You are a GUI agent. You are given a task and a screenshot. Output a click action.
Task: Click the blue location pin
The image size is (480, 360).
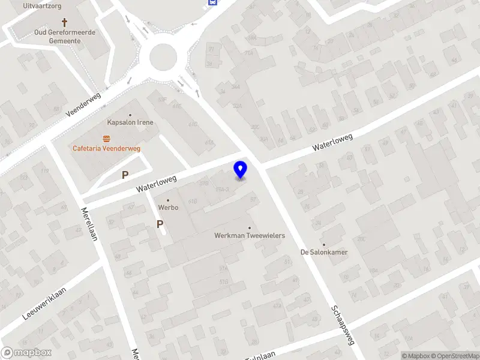pos(241,170)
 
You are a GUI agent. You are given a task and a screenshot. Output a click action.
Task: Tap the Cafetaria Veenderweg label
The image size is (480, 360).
pos(107,149)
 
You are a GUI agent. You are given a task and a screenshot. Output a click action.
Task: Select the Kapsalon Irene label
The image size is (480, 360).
pos(130,122)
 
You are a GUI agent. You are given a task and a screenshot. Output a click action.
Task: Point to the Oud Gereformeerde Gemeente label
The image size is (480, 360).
pos(58,37)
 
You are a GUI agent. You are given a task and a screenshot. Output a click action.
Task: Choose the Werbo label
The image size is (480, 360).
pos(168,208)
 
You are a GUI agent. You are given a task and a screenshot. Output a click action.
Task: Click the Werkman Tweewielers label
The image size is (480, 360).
pos(250,236)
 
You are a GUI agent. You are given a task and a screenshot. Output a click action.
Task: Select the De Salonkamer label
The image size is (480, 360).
pos(324,252)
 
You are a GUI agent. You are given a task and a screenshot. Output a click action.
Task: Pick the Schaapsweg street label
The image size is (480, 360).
pos(343,325)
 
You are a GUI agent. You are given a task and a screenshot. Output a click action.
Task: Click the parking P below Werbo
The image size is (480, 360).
pos(160,224)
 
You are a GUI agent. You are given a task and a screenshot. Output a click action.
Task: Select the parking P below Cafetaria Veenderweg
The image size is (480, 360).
pos(125,175)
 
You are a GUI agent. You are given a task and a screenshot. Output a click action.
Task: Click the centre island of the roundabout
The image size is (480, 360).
pos(164,58)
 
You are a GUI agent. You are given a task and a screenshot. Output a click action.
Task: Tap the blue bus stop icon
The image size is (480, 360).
pos(212,2)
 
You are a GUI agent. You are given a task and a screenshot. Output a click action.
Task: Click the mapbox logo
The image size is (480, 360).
pos(26,353)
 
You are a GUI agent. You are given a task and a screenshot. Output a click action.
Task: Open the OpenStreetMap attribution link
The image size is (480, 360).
pos(455,356)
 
